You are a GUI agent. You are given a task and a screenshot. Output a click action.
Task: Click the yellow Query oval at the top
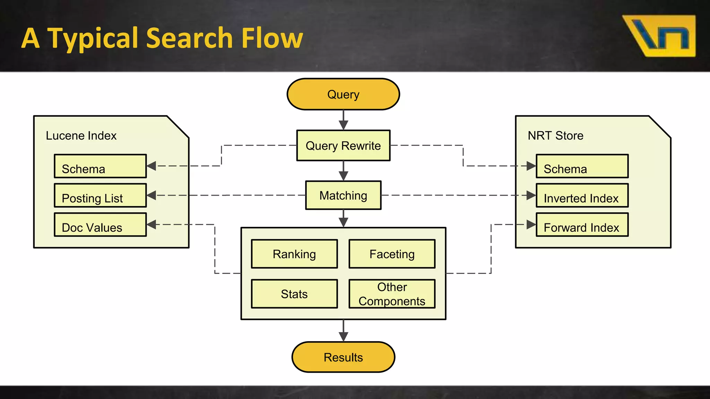343,94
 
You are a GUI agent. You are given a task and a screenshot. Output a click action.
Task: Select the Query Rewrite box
343,145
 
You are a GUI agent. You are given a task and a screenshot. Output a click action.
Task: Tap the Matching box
343,195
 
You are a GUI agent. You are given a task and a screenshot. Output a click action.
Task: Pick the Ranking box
294,254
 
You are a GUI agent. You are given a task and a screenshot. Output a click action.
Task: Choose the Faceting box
392,254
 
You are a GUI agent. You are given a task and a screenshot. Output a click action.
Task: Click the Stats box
294,294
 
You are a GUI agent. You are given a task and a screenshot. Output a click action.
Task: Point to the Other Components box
392,294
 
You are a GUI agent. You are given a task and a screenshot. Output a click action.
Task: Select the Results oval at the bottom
343,357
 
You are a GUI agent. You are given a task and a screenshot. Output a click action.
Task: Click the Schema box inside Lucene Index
100,166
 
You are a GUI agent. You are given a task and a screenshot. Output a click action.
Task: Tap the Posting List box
100,196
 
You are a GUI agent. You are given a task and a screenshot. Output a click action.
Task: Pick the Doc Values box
100,225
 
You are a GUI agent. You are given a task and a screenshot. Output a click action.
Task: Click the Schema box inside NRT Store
582,166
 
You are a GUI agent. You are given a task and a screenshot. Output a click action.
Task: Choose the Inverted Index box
582,196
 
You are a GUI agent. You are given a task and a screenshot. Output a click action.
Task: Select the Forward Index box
582,225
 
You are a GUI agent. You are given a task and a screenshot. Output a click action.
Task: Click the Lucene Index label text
81,135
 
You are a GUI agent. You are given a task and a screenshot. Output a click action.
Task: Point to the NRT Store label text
555,135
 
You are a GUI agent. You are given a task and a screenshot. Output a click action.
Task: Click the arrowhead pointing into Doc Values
151,224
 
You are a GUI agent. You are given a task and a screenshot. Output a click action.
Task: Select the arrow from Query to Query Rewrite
343,120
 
